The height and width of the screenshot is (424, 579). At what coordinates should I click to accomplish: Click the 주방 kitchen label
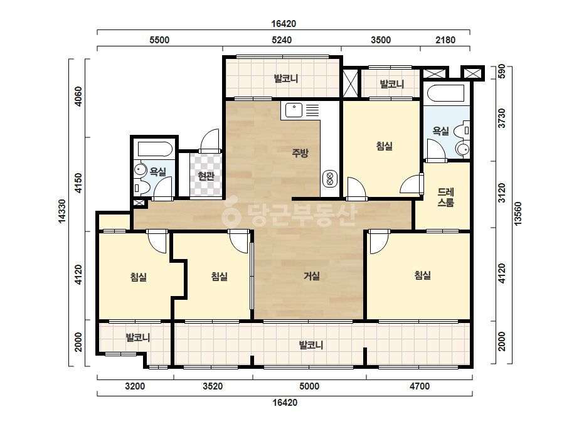tap(300, 152)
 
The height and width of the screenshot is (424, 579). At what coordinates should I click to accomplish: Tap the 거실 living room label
tap(312, 275)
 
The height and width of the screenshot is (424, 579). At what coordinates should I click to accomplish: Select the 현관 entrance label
tap(206, 176)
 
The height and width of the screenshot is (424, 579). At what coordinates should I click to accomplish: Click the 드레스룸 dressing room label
tap(445, 197)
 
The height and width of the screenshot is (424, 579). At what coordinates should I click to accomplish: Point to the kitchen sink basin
tap(294, 110)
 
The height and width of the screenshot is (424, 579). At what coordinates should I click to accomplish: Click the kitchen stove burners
tap(330, 179)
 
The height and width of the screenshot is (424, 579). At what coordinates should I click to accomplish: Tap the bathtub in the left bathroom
tap(155, 149)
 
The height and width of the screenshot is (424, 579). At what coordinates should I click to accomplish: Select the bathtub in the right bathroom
tap(445, 93)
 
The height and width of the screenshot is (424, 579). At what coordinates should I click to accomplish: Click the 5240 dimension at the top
tap(282, 40)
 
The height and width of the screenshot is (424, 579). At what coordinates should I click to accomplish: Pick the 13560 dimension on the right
tap(518, 213)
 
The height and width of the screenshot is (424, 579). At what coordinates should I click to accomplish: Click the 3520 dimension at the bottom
tap(213, 386)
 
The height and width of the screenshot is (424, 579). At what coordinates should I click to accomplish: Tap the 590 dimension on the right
tap(501, 72)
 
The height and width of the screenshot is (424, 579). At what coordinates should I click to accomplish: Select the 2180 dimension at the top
tap(445, 40)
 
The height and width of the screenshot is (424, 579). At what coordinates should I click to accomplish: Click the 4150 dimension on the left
tap(78, 183)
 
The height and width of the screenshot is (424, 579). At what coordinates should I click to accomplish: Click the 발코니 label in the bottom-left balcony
tap(138, 337)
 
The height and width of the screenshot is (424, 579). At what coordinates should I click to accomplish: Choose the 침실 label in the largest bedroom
tap(422, 275)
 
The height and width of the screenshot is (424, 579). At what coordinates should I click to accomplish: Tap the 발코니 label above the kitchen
tap(286, 78)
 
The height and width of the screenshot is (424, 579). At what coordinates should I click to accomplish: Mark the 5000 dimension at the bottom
tap(309, 386)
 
